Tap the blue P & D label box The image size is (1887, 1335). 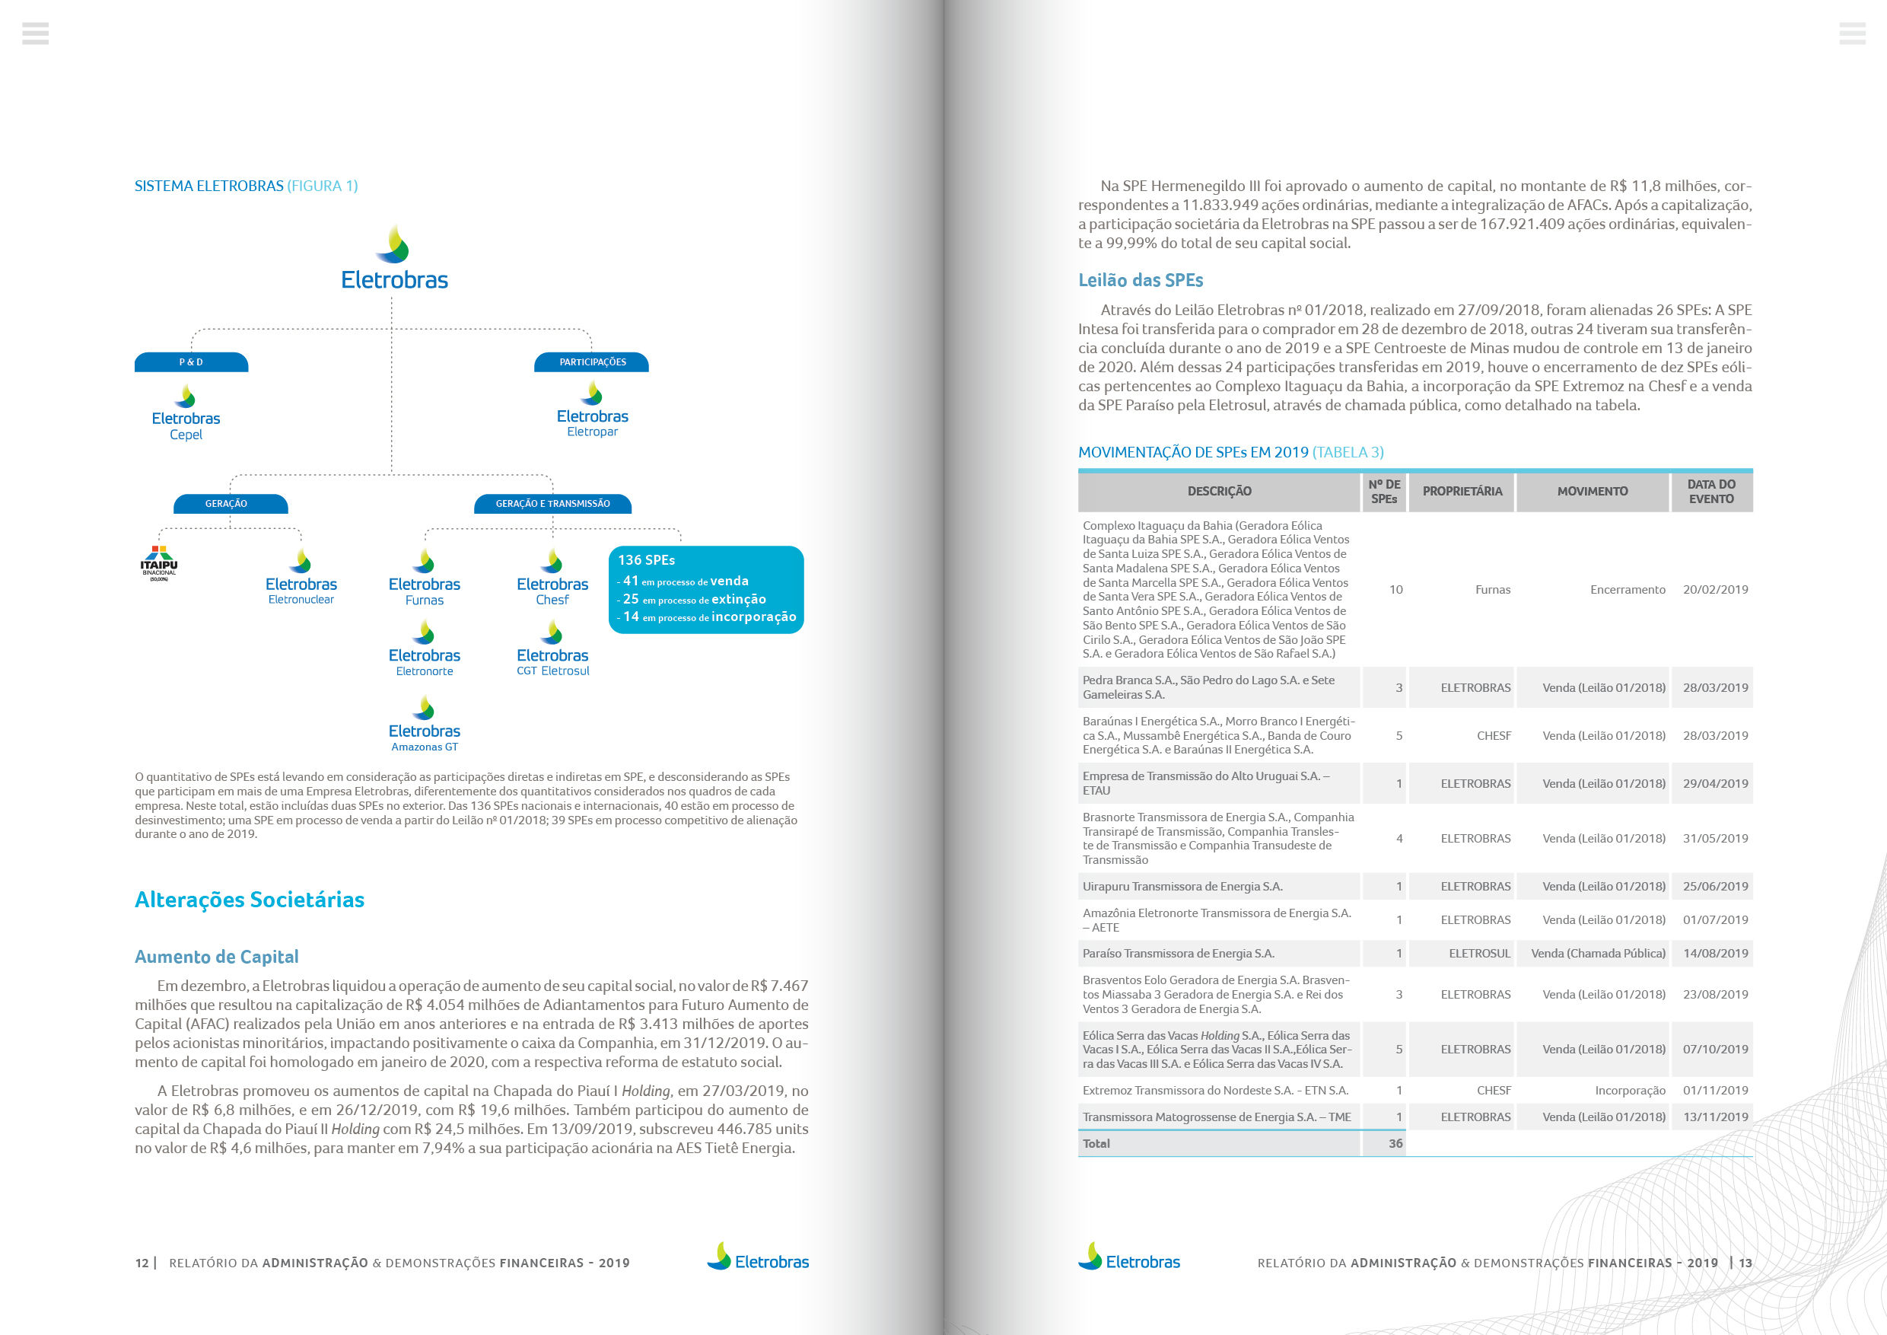[x=192, y=362]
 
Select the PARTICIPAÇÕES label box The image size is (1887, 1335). [x=592, y=362]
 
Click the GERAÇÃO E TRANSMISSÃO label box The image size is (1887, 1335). [x=552, y=504]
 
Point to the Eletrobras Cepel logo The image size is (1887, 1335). [x=186, y=413]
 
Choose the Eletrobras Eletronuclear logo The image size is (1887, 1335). [x=301, y=577]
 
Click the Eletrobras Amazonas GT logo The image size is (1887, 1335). [x=424, y=725]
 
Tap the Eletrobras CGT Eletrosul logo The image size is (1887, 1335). [x=552, y=649]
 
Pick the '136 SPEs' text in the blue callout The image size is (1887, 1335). [x=646, y=561]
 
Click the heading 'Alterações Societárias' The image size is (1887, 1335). [x=249, y=900]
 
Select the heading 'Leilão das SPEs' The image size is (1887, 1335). [x=1140, y=280]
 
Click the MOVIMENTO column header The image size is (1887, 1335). [x=1592, y=492]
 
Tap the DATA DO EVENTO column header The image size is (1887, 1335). [x=1711, y=492]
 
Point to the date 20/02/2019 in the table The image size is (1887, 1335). [x=1715, y=589]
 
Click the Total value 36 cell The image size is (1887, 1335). [x=1395, y=1143]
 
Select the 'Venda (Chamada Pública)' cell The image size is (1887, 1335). [x=1598, y=954]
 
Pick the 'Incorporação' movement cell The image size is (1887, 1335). [x=1630, y=1091]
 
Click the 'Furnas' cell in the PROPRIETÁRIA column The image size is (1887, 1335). [x=1493, y=589]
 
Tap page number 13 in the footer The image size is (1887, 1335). [x=1745, y=1263]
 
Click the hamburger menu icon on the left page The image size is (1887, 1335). [x=35, y=33]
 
